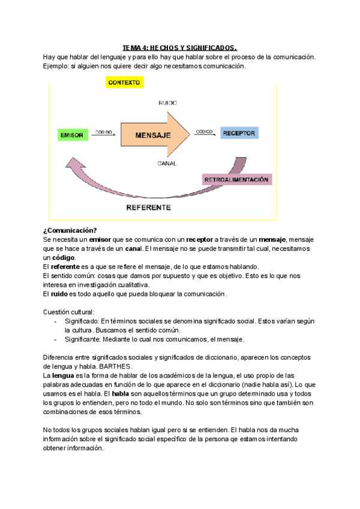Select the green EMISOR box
(x=72, y=135)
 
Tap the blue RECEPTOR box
(x=239, y=133)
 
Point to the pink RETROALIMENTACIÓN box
(x=236, y=179)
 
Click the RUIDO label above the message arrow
(x=167, y=103)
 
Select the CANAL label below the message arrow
(x=167, y=163)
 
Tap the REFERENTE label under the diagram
(x=148, y=208)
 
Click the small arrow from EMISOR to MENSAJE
(x=103, y=135)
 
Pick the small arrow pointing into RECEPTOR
(x=203, y=134)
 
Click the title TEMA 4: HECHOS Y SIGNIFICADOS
(x=180, y=47)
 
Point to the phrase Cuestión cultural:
(x=68, y=312)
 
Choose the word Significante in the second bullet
(x=83, y=339)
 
